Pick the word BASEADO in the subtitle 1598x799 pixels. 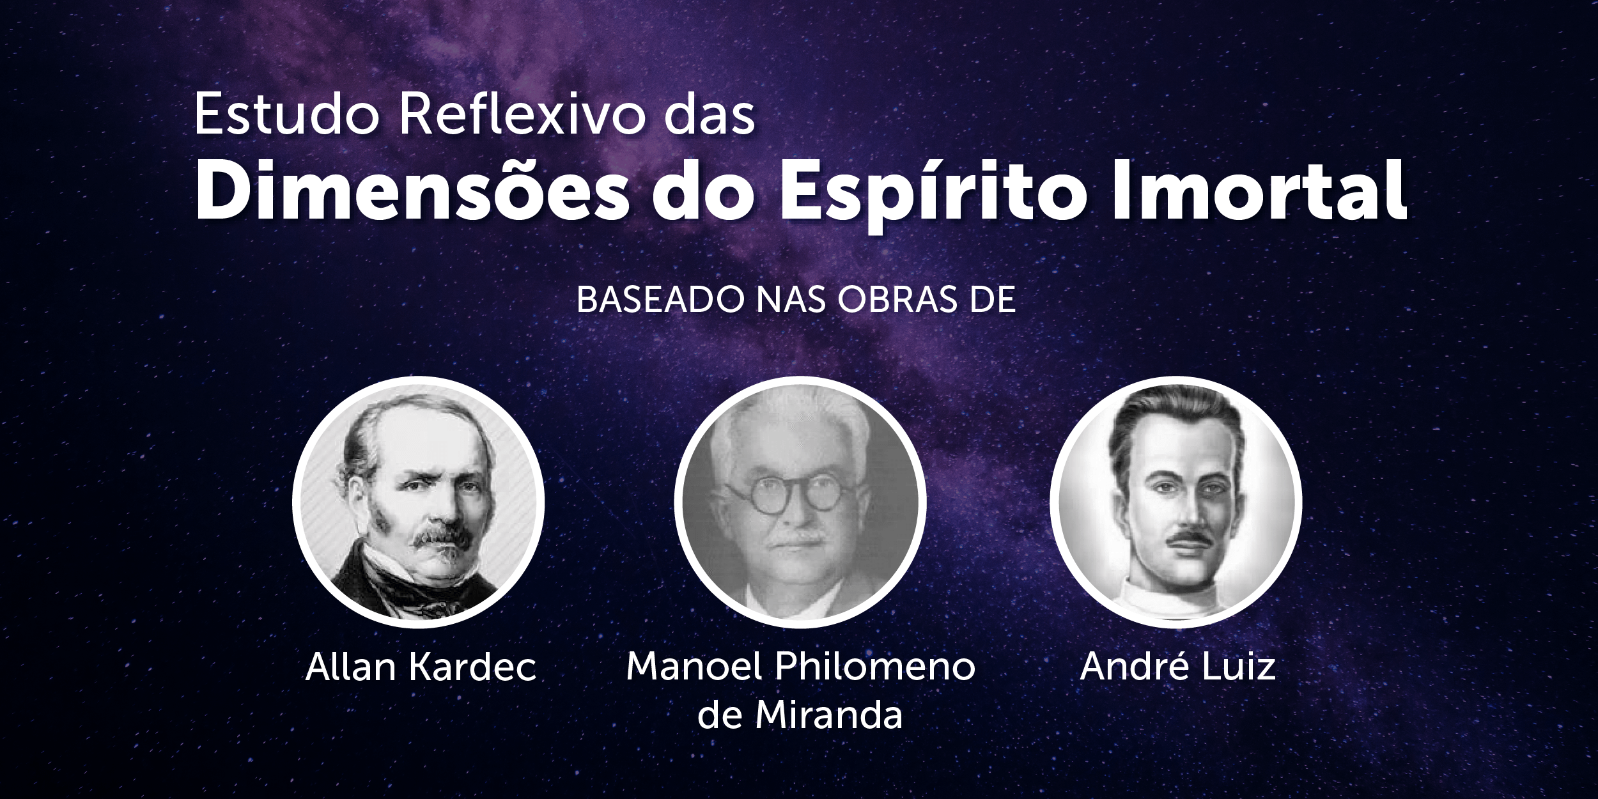661,300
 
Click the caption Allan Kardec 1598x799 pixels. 421,667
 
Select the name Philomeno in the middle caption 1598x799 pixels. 875,667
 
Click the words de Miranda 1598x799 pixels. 800,715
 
